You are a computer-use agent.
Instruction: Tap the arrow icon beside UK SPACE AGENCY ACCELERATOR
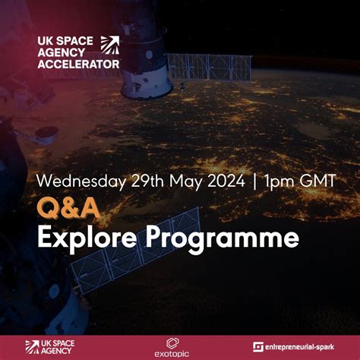(110, 45)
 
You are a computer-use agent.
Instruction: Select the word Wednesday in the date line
(71, 182)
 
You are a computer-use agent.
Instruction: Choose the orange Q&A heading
(59, 208)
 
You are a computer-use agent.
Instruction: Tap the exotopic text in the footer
(172, 353)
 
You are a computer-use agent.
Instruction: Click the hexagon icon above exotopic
(172, 342)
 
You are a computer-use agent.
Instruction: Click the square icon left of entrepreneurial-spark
(258, 347)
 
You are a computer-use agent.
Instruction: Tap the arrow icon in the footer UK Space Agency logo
(32, 346)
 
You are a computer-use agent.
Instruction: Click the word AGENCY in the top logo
(68, 53)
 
